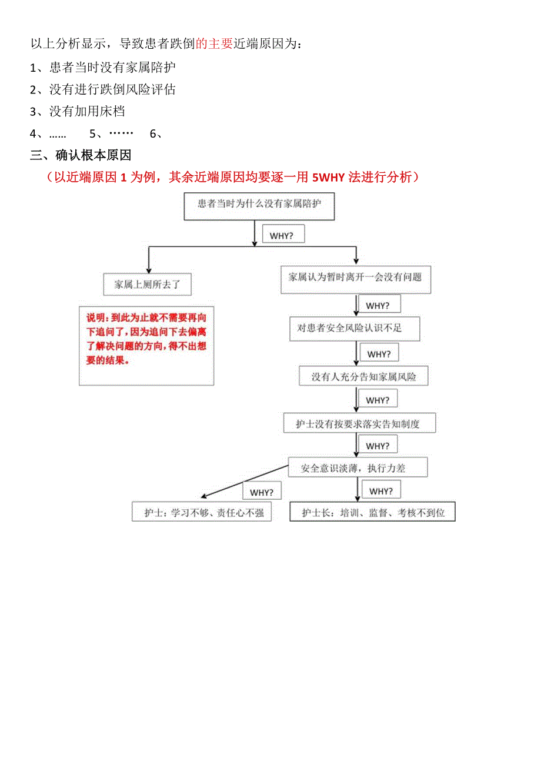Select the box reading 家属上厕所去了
point(147,284)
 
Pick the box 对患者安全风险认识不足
point(354,328)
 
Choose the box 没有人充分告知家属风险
point(363,376)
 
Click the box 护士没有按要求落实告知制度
point(359,423)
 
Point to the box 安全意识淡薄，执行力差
point(358,468)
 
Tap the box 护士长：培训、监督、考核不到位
point(373,512)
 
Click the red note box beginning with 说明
point(146,346)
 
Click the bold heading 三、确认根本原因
point(81,155)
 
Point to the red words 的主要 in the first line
point(214,43)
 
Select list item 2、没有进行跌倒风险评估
point(103,89)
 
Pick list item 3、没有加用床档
point(78,111)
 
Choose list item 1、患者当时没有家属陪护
point(103,68)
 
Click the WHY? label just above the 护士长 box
point(381,491)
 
